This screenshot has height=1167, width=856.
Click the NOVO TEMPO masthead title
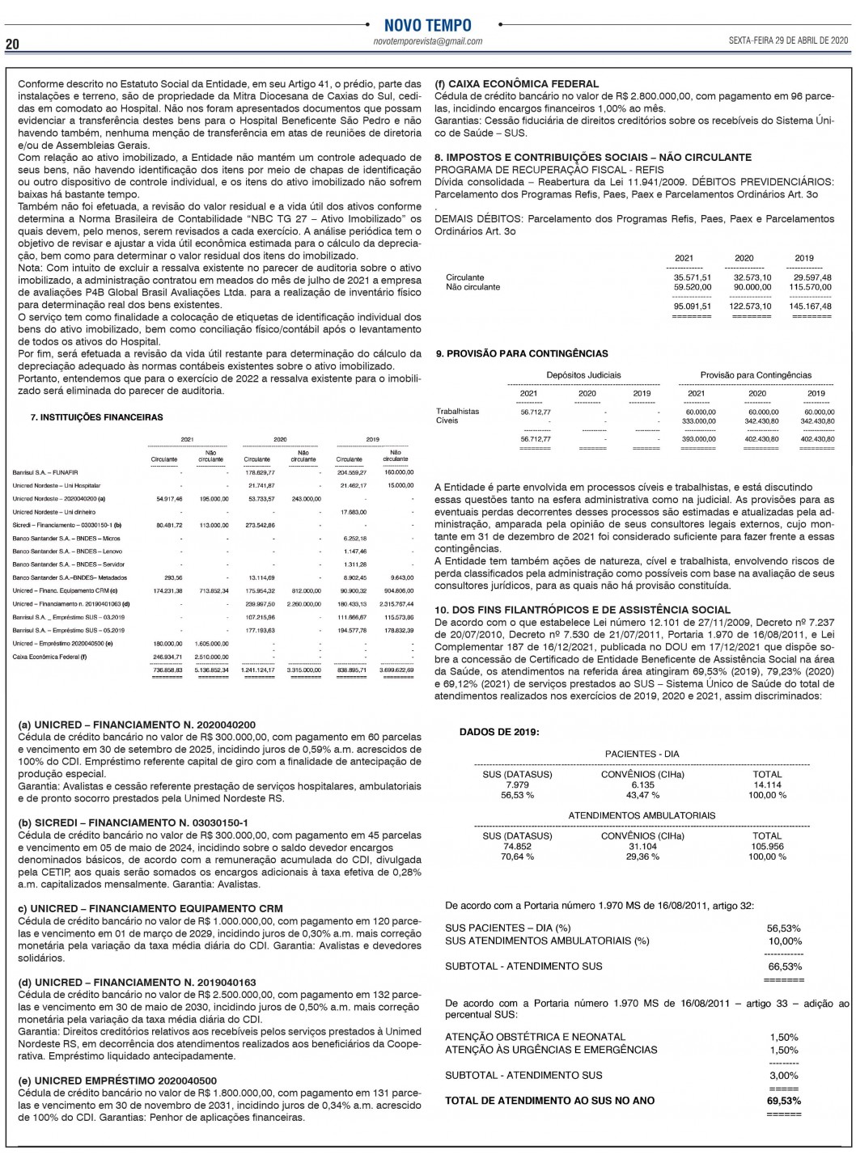[x=427, y=25]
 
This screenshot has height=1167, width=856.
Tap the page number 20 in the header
[x=13, y=44]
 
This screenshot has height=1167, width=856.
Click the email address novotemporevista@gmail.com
[x=428, y=41]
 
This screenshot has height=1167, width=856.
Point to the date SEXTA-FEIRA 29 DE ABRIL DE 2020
[x=788, y=40]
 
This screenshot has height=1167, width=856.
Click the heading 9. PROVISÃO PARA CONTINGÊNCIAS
[x=522, y=353]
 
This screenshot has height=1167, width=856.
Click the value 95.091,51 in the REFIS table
[x=693, y=307]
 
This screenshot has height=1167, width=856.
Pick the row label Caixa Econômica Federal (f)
[x=49, y=657]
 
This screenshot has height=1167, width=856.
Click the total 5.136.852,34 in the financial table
[x=213, y=670]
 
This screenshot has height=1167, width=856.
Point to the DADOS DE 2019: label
[x=499, y=732]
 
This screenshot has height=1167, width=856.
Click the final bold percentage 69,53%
[x=783, y=1101]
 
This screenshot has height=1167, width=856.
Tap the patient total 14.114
[x=767, y=784]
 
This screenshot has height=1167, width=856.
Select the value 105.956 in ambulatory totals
[x=767, y=847]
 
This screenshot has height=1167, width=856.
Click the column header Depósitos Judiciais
[x=583, y=375]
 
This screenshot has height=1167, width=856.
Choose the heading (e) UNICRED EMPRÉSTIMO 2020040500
[x=117, y=1080]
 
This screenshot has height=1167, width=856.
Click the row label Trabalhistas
[x=457, y=412]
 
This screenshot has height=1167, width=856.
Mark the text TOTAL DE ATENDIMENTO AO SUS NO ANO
[x=550, y=1101]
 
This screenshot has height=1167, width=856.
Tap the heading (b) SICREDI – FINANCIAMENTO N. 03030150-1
[x=133, y=822]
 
